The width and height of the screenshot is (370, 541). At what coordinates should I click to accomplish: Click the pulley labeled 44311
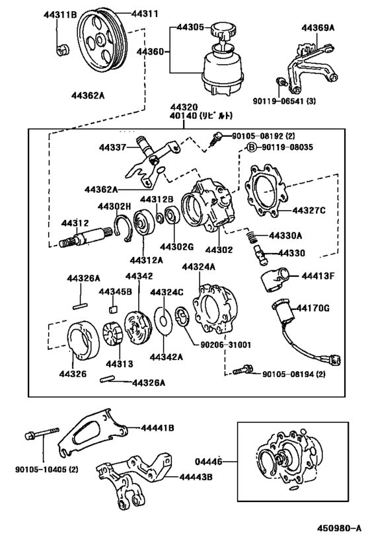(102, 42)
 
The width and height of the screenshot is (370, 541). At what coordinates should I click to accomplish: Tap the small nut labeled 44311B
(62, 50)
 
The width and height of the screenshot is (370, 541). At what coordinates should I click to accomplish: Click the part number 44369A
(318, 28)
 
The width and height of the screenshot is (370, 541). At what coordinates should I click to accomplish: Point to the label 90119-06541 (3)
(284, 101)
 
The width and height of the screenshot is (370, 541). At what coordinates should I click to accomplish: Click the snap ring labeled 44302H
(123, 227)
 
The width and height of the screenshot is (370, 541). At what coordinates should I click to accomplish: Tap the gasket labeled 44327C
(266, 192)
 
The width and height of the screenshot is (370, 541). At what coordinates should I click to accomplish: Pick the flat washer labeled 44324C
(163, 320)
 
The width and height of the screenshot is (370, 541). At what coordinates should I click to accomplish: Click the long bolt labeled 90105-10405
(42, 434)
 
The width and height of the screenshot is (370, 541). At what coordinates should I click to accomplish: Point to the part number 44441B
(157, 428)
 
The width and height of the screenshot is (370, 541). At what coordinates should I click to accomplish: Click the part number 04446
(209, 461)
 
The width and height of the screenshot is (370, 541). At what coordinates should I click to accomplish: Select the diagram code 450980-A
(340, 528)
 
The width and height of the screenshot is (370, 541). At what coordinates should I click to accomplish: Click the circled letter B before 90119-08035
(252, 147)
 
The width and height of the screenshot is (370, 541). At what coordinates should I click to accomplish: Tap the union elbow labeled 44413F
(276, 279)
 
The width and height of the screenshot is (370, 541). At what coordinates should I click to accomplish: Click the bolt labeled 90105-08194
(242, 371)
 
